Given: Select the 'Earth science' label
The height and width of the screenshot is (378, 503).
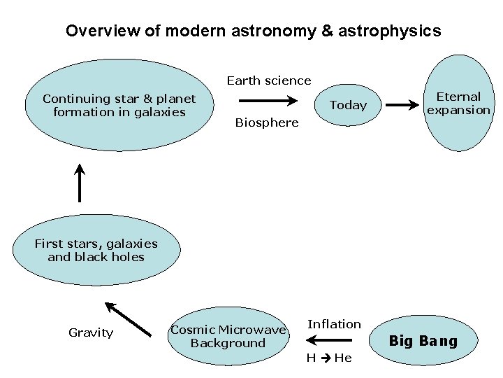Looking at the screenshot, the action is (269, 80).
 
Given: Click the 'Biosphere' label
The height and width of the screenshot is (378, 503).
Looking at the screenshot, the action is (267, 122).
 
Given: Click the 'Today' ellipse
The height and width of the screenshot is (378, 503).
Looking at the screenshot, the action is (348, 105).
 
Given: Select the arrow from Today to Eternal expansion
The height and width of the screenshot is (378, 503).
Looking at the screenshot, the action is (403, 105).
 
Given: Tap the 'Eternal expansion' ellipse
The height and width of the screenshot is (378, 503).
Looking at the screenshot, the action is (459, 103).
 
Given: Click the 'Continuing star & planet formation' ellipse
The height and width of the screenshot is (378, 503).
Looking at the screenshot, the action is (119, 106).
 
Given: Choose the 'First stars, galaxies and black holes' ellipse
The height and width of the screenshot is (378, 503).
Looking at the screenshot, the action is (96, 251).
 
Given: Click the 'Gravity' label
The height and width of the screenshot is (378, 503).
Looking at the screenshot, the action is (91, 332).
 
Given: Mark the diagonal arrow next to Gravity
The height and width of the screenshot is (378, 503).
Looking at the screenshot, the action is (129, 318).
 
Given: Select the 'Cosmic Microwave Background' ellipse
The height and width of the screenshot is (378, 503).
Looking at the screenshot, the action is (228, 336).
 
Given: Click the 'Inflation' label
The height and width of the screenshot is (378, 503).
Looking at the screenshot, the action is (335, 324).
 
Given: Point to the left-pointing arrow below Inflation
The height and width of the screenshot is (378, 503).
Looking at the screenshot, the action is (323, 341).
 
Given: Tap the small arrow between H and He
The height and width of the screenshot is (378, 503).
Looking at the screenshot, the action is (326, 358).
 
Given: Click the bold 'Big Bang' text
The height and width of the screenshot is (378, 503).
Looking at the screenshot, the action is (423, 341).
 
